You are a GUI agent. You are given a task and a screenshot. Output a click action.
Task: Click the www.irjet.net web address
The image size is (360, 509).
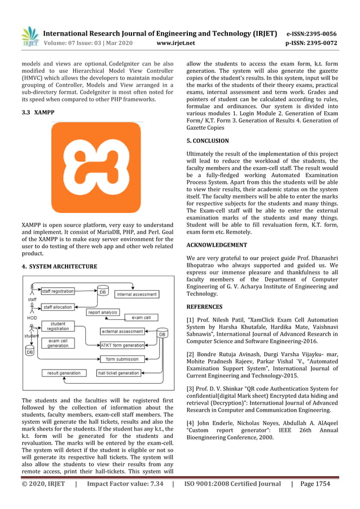(175, 42)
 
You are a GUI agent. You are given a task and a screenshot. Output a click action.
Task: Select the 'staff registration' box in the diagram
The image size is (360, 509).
(58, 291)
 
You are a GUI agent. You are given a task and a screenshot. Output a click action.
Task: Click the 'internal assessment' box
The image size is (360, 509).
(137, 294)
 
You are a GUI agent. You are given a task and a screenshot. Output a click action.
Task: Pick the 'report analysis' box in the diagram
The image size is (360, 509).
(103, 312)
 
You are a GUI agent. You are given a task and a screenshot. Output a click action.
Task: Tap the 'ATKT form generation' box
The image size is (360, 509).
(122, 345)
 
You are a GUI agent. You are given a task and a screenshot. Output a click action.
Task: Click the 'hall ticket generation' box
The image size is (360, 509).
(118, 373)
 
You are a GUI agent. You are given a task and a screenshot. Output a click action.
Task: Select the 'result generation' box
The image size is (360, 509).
(64, 373)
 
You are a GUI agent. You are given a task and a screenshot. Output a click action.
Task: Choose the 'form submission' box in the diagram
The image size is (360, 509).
(122, 359)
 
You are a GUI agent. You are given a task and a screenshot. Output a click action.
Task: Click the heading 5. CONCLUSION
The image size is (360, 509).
(208, 141)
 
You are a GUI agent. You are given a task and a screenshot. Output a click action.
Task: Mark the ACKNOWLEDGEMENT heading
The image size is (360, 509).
(217, 245)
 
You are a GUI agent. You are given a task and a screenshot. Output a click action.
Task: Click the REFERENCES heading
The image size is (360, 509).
(204, 307)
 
